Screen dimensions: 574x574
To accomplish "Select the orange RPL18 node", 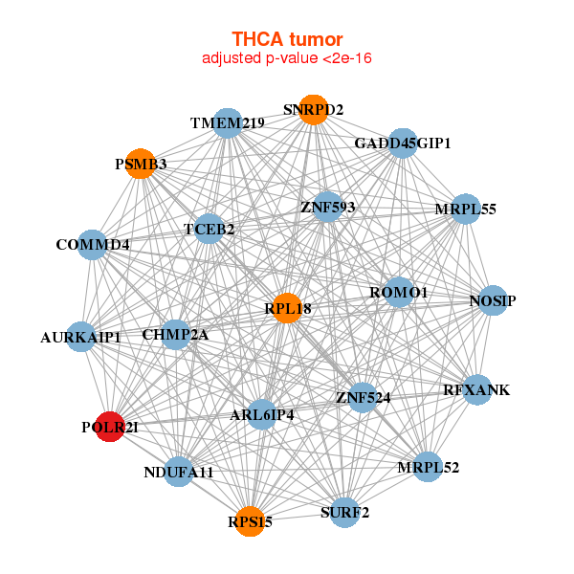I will point(288,308).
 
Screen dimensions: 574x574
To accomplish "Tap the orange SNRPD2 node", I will point(313,110).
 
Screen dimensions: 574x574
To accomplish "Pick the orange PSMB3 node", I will point(141,164).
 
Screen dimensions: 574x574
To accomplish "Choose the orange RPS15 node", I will point(251,521).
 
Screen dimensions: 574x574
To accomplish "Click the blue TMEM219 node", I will point(228,122).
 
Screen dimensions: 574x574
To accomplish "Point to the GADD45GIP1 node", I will point(402,143).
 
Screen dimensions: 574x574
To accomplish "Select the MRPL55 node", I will point(465,209).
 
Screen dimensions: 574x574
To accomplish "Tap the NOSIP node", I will point(492,301).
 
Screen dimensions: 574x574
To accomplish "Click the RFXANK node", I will point(475,390).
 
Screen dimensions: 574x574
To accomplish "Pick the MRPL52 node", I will point(428,467).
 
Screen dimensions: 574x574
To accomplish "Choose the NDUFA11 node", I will point(179,472).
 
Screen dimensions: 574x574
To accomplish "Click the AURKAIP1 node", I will point(81,337).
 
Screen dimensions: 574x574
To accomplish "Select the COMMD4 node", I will point(92,245).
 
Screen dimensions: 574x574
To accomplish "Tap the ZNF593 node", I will point(328,207).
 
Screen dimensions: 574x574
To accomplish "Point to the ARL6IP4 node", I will point(262,414).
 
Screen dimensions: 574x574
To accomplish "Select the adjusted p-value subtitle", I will point(287,58).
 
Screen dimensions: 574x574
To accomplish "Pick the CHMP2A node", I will point(175,334).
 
